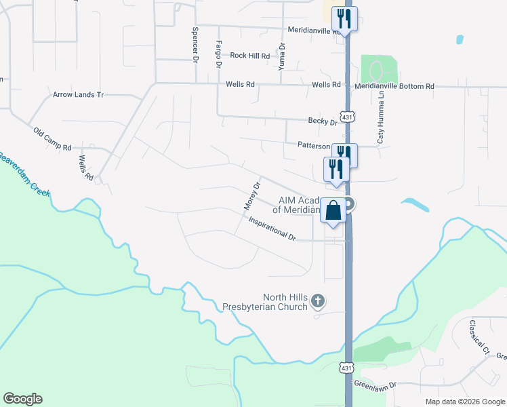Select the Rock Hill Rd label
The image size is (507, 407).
[x=249, y=56]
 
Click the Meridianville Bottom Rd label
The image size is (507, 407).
[x=394, y=87]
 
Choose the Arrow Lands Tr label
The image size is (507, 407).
[x=78, y=95]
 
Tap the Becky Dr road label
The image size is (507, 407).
[x=323, y=121]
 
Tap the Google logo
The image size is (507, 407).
[x=23, y=399]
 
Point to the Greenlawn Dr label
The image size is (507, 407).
[x=374, y=384]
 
